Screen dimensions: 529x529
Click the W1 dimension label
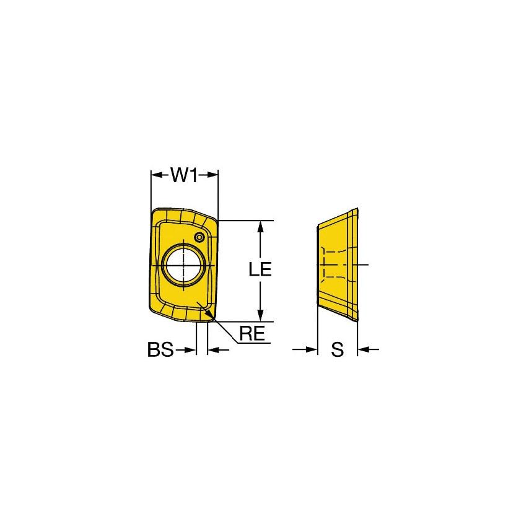184,176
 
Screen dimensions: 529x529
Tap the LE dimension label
260,269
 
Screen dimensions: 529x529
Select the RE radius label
252,334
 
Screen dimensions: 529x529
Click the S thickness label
337,350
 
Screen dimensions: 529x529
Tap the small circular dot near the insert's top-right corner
199,237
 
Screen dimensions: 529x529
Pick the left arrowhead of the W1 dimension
155,175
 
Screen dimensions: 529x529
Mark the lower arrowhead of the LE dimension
261,317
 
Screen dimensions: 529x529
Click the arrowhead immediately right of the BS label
192,350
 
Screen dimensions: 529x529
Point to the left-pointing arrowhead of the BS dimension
212,350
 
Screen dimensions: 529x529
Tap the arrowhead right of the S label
362,350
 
